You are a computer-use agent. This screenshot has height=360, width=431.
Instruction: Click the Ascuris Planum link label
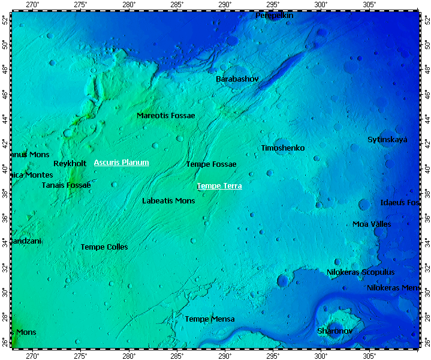click(x=121, y=163)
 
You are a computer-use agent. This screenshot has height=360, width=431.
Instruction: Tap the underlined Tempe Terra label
click(x=219, y=186)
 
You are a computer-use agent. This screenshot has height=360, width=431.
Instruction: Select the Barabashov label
click(x=237, y=79)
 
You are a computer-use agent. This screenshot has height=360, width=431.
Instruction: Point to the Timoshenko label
click(x=282, y=148)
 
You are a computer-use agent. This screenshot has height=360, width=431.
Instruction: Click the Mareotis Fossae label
click(x=165, y=115)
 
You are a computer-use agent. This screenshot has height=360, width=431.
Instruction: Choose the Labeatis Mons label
click(x=168, y=201)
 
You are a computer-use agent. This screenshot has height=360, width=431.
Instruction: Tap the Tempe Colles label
click(x=104, y=247)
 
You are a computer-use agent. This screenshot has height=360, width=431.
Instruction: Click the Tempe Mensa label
click(x=209, y=319)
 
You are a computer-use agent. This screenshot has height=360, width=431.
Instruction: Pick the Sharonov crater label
click(x=334, y=331)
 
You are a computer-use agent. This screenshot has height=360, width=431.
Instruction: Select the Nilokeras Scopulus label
click(x=360, y=272)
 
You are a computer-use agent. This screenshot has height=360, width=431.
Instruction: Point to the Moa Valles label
click(x=372, y=224)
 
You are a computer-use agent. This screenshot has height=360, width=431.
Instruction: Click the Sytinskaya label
click(x=387, y=140)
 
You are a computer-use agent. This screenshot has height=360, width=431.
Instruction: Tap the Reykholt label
click(x=70, y=164)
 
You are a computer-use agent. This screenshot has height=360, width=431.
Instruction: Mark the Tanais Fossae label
click(x=66, y=185)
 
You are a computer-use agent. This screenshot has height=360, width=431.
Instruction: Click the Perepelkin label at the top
click(x=275, y=16)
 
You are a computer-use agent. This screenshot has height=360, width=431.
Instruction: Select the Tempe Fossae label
click(x=211, y=164)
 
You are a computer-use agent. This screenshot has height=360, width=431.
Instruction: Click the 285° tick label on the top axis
click(x=177, y=5)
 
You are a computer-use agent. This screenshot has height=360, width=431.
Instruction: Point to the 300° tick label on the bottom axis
click(x=321, y=356)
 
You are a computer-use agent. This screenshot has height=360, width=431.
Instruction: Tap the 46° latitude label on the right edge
click(x=427, y=94)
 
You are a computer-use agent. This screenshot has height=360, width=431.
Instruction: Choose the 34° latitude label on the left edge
click(x=5, y=242)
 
